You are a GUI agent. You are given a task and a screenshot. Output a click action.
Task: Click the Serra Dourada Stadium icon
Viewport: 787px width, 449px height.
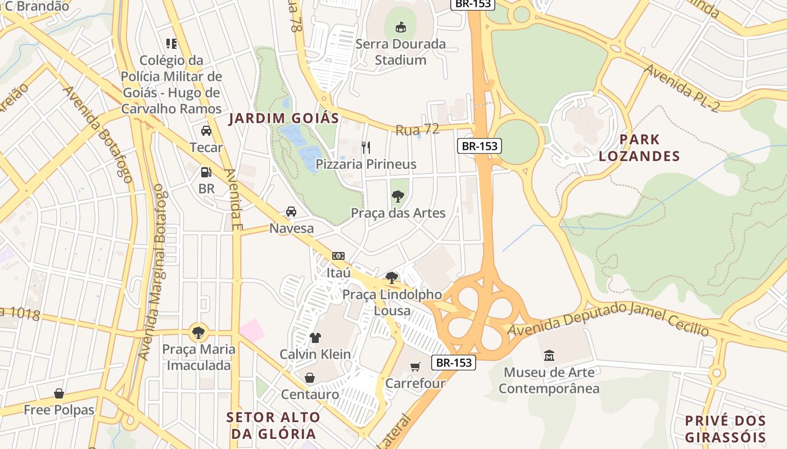coord(400,26)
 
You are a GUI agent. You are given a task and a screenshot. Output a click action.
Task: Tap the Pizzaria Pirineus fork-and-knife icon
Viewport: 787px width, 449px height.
coord(366,148)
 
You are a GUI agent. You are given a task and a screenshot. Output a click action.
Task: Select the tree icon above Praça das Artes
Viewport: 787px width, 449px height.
coord(398,196)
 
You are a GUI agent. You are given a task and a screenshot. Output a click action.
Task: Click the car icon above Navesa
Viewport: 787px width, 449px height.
coord(291,212)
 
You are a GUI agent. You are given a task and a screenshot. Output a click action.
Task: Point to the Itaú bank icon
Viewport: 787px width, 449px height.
coord(338,256)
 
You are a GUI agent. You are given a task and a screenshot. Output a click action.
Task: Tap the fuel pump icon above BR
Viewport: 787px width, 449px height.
coord(206,172)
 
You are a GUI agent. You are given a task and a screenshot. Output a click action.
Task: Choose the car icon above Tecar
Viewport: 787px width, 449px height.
coord(206,131)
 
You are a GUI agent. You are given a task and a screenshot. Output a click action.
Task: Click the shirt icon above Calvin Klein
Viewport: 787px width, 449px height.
coord(315,337)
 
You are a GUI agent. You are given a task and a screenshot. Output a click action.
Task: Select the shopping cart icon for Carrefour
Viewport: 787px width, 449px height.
coord(415,366)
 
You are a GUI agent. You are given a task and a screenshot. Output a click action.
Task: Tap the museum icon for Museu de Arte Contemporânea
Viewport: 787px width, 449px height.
coord(549,355)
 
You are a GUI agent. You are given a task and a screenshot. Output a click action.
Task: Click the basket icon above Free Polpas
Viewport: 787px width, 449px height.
coord(59,393)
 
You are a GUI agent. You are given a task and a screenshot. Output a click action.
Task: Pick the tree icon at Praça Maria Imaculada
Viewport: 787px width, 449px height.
coord(198,332)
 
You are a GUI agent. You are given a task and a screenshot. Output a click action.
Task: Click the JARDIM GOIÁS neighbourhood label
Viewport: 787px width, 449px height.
coord(284,118)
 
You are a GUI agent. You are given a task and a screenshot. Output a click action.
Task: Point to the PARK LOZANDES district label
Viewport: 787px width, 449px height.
coord(639,148)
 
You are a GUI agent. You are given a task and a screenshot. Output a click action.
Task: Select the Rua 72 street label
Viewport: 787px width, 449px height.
coord(417,130)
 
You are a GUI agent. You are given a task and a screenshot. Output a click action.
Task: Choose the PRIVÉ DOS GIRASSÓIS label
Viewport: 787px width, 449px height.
coord(725,429)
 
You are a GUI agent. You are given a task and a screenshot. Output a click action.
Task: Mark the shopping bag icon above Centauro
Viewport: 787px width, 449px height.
coord(310,378)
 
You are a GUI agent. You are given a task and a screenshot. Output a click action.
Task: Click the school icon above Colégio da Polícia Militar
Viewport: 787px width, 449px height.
coord(171,43)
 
